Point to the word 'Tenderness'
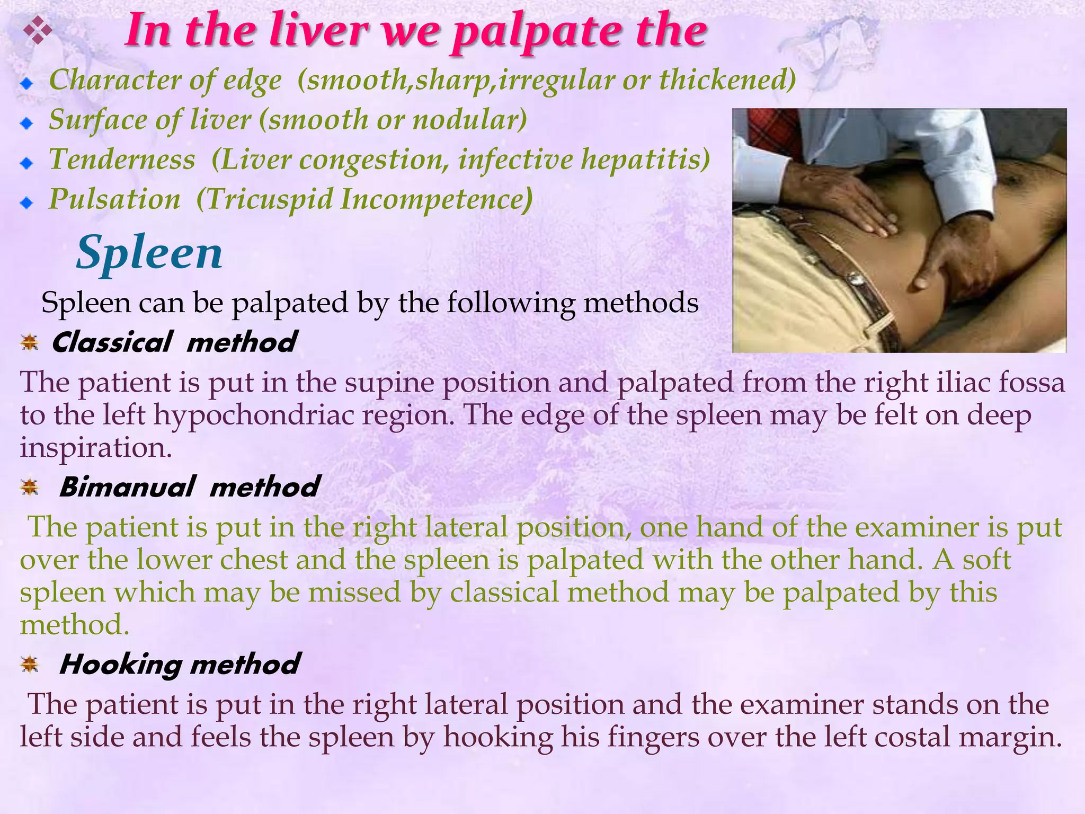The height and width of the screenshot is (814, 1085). tap(122, 160)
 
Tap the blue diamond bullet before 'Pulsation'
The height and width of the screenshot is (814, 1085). tap(26, 203)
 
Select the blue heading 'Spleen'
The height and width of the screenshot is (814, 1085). tap(149, 253)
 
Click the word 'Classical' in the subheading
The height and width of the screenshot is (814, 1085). tap(112, 342)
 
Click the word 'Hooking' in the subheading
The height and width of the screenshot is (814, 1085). tap(120, 664)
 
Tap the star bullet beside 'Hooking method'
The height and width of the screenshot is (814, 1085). tap(30, 663)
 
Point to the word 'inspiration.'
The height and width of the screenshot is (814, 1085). tap(96, 448)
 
